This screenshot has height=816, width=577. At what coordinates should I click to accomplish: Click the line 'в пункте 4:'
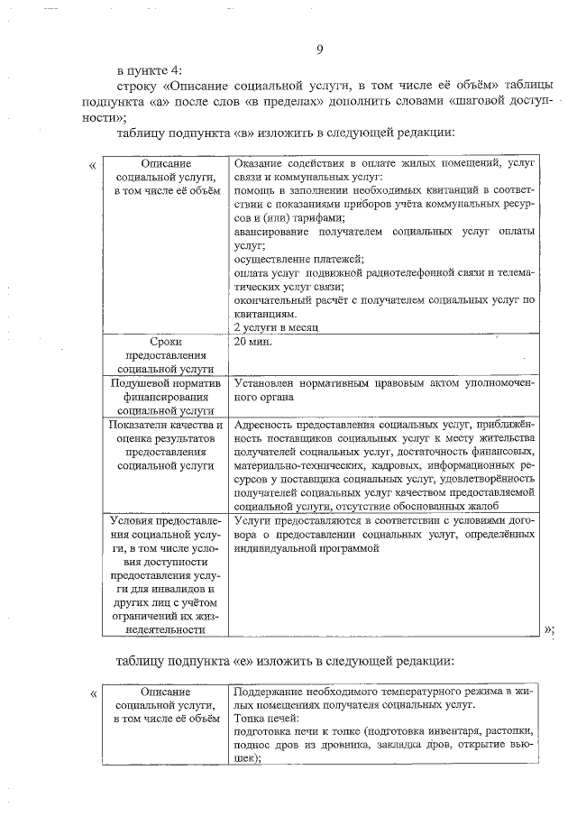150,69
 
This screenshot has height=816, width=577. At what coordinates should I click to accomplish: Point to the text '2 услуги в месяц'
276,326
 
